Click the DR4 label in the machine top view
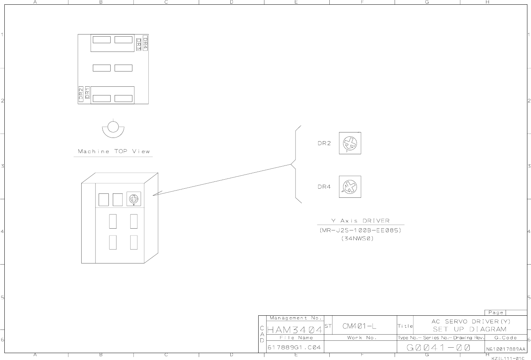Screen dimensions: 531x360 pyautogui.click(x=145, y=43)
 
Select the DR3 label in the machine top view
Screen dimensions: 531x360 pyautogui.click(x=139, y=44)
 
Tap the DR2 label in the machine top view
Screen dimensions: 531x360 pyautogui.click(x=81, y=94)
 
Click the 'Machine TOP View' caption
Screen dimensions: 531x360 pyautogui.click(x=114, y=151)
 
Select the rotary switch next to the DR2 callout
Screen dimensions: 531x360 pyautogui.click(x=350, y=143)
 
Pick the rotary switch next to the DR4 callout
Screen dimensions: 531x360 pyautogui.click(x=350, y=187)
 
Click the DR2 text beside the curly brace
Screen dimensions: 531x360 pyautogui.click(x=324, y=143)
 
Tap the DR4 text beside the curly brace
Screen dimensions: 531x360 pyautogui.click(x=324, y=187)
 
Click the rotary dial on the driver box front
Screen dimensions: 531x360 pyautogui.click(x=134, y=199)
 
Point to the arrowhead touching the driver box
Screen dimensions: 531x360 pyautogui.click(x=154, y=195)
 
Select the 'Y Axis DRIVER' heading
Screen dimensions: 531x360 pyautogui.click(x=360, y=221)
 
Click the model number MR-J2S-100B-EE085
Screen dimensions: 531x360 pyautogui.click(x=360, y=230)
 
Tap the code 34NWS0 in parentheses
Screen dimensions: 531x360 pyautogui.click(x=357, y=239)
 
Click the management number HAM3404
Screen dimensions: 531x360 pyautogui.click(x=295, y=330)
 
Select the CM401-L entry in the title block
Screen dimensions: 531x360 pyautogui.click(x=359, y=326)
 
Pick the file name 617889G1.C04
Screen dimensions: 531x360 pyautogui.click(x=294, y=348)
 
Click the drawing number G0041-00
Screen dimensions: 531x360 pyautogui.click(x=439, y=348)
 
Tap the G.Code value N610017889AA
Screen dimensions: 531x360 pyautogui.click(x=505, y=349)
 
